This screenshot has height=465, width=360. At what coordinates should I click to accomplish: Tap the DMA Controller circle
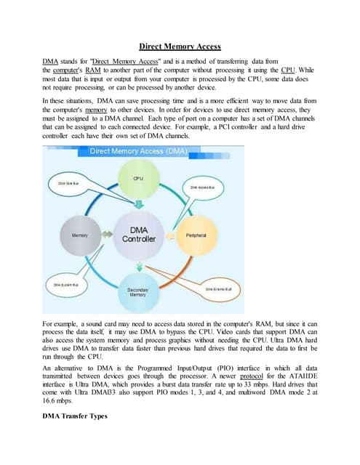[x=137, y=234]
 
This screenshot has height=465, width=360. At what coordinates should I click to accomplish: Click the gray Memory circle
[x=80, y=235]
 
